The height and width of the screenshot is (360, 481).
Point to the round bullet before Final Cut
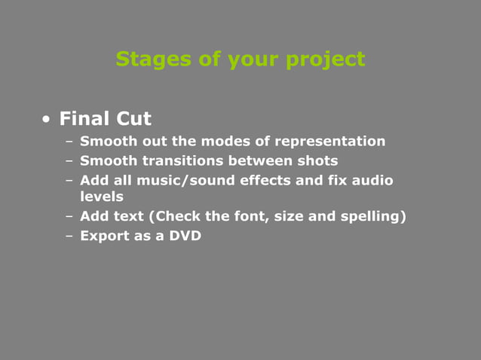tap(47, 120)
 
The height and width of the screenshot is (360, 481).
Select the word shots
tap(317, 160)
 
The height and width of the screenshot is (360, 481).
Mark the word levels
tap(101, 197)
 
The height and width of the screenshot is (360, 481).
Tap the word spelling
tap(369, 217)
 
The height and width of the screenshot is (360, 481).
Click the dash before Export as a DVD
tap(69, 236)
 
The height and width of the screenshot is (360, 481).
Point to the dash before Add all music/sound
tap(69, 180)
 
